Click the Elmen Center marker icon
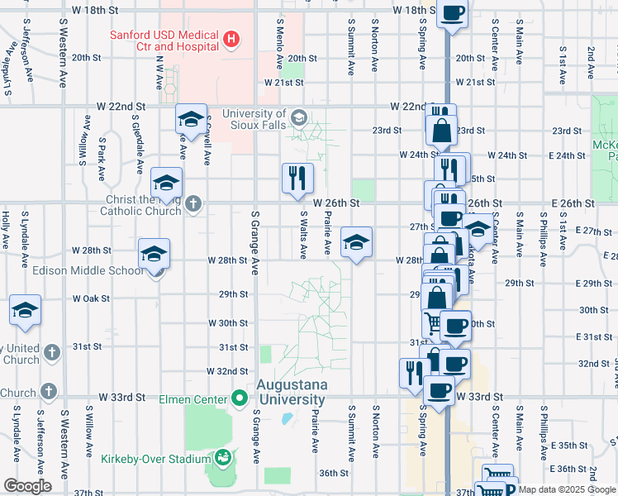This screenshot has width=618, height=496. (240, 399)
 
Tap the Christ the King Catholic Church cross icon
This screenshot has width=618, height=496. (193, 204)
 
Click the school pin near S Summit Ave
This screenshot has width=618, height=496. (356, 242)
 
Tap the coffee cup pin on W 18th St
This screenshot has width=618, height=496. (453, 14)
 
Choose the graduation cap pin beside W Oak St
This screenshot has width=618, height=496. (26, 311)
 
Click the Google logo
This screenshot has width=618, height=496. (27, 486)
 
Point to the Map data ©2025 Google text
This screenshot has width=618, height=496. (566, 489)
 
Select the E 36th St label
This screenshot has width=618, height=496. (571, 469)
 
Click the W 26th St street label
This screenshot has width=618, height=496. (336, 203)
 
